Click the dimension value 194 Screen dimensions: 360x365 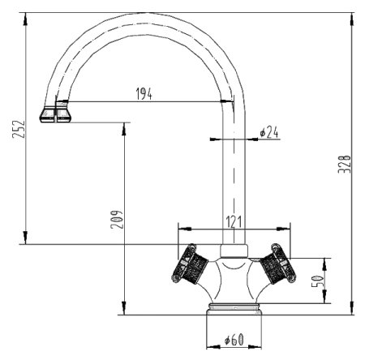coord(144,93)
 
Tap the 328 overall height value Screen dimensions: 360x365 coord(344,163)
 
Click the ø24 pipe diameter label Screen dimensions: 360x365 coord(268,132)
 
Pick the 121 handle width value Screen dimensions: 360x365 coord(233,221)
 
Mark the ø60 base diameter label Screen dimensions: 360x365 coord(234,339)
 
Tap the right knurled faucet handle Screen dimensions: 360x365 coord(277,266)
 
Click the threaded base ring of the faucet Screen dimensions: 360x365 coord(234,308)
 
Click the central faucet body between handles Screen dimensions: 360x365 coord(233,276)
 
